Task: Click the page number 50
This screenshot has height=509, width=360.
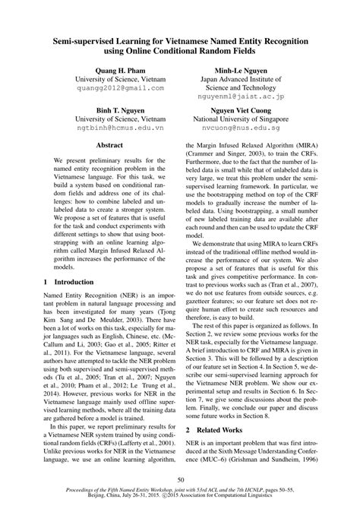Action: click(180, 479)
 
